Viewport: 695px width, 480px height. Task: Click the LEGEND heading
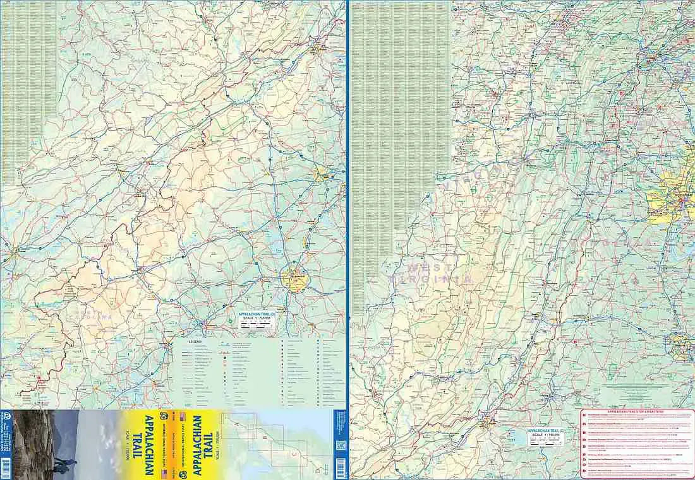[194, 341]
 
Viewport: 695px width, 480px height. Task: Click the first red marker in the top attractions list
[584, 416]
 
